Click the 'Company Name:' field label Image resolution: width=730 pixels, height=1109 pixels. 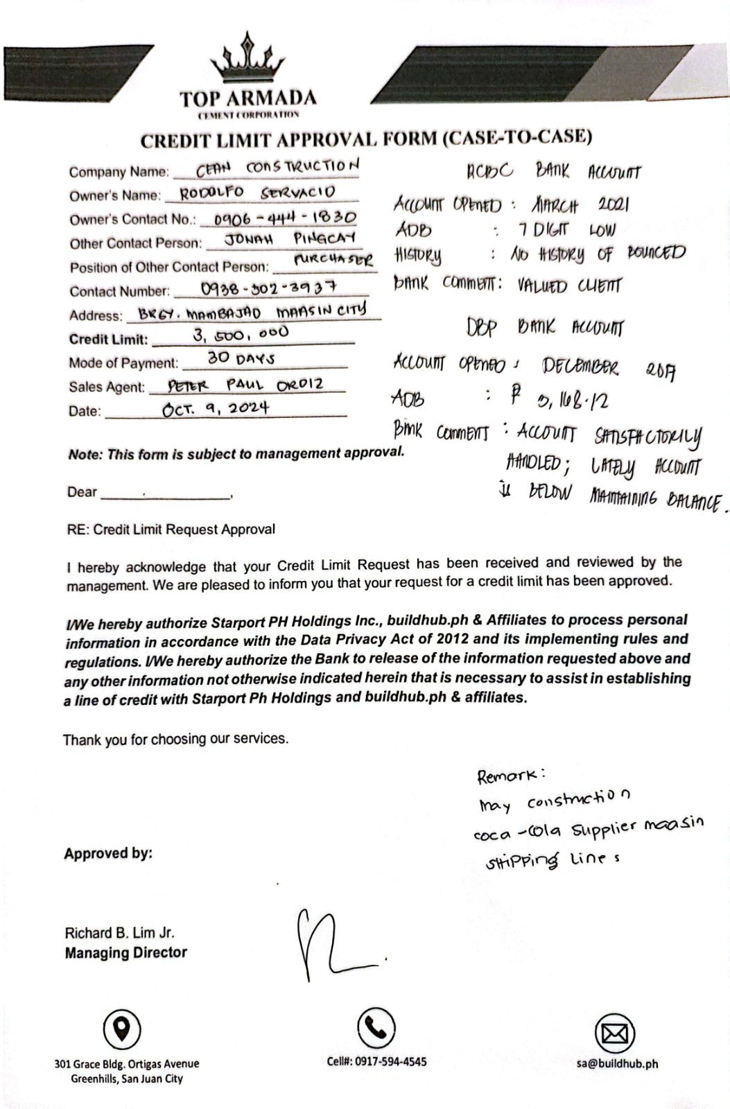pyautogui.click(x=119, y=172)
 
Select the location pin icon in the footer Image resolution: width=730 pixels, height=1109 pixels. pyautogui.click(x=122, y=1028)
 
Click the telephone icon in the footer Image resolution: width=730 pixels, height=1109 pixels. pyautogui.click(x=376, y=1027)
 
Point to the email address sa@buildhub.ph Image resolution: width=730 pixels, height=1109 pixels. pyautogui.click(x=616, y=1063)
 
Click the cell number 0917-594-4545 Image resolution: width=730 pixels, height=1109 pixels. pyautogui.click(x=376, y=1061)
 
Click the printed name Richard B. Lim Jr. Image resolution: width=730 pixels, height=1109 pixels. pyautogui.click(x=120, y=932)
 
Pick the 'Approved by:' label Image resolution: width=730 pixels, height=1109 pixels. pyautogui.click(x=108, y=853)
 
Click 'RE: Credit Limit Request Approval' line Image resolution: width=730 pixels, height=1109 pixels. pyautogui.click(x=171, y=530)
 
